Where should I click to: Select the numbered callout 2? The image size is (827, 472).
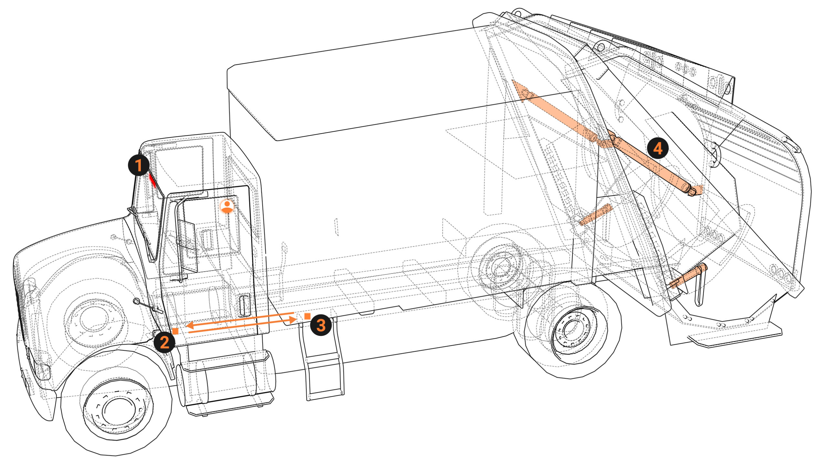[x=164, y=342]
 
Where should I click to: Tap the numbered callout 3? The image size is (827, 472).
[x=321, y=325]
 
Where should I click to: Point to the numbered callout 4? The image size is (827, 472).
[x=657, y=148]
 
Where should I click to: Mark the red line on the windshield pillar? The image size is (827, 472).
[x=152, y=180]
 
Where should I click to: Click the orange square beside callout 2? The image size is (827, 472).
[x=175, y=331]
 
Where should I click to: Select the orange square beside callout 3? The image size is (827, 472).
[x=308, y=316]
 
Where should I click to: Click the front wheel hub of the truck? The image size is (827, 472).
[x=118, y=411]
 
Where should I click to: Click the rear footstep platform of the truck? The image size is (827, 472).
[x=735, y=338]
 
